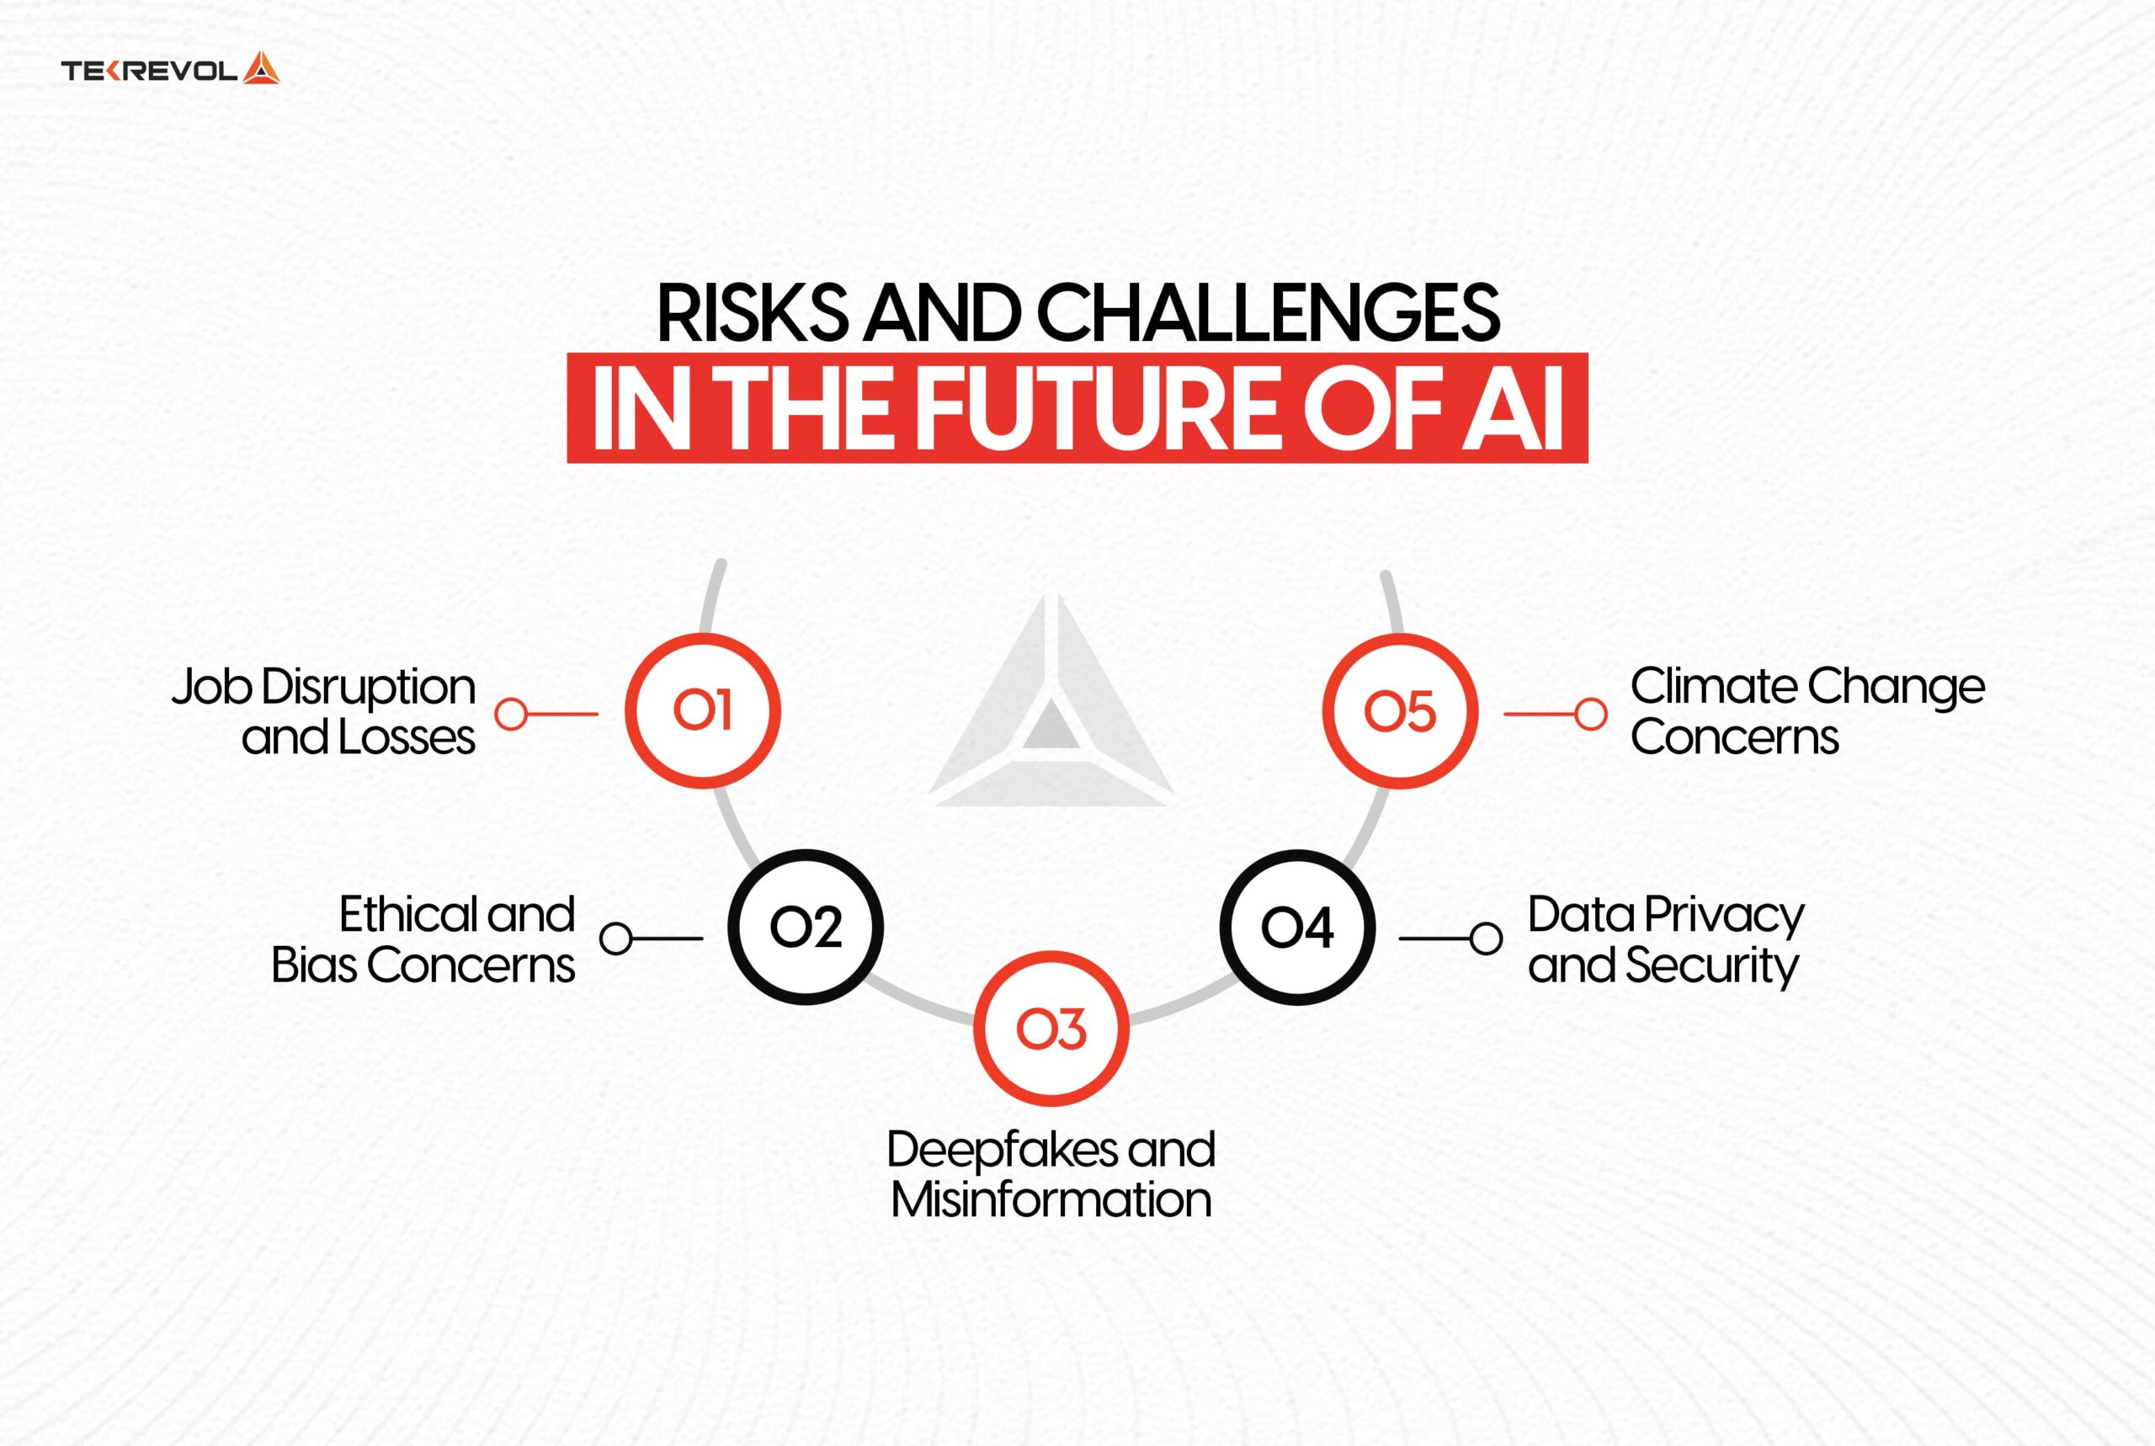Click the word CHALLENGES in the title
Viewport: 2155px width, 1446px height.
(1268, 312)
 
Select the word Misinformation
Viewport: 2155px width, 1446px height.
(1051, 1199)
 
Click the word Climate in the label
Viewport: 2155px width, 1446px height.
(1713, 687)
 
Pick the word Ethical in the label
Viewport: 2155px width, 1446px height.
(409, 915)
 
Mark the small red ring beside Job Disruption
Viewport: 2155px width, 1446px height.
(511, 714)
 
